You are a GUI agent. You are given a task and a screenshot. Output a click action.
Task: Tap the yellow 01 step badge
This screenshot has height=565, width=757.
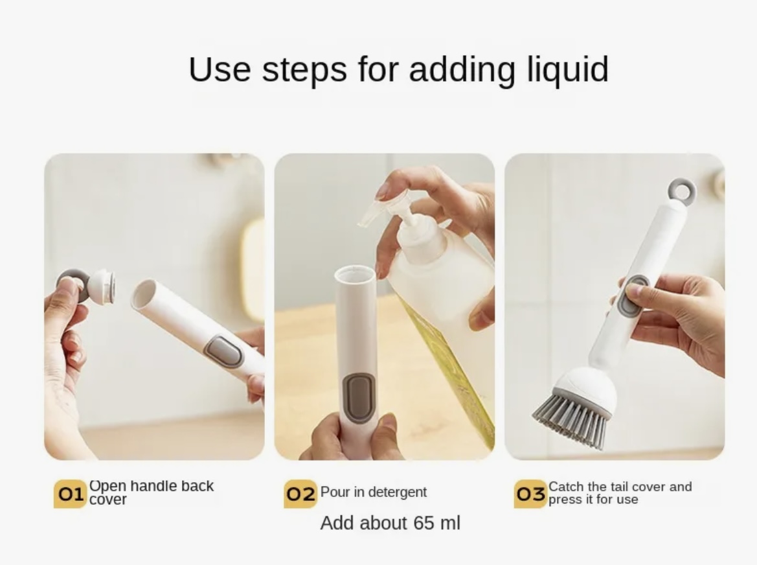[70, 494]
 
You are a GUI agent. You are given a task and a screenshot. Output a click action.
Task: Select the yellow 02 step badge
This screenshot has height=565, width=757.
[300, 494]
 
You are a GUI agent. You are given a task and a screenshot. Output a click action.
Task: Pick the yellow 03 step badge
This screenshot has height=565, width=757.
[530, 494]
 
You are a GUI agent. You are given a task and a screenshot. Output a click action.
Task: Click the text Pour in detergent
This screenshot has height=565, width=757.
[373, 492]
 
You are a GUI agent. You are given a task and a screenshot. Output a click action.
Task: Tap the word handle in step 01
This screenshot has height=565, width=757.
[148, 486]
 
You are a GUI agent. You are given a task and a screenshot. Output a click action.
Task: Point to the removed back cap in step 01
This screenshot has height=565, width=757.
[86, 286]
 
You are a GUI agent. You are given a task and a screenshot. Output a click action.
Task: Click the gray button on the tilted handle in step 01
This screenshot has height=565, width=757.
[223, 352]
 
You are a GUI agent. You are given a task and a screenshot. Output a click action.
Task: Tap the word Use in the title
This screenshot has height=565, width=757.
[220, 69]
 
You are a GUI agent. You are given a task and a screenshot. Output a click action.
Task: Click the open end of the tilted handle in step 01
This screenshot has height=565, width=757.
[143, 294]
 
